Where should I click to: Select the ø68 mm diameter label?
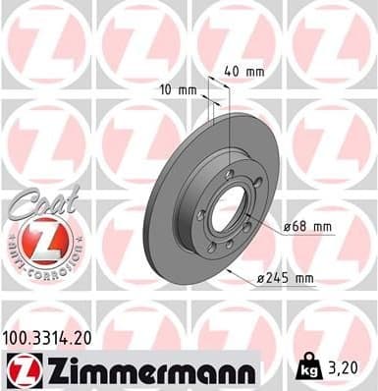coord(307,227)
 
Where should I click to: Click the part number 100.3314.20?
coord(54,337)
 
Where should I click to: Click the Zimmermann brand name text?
coord(147,370)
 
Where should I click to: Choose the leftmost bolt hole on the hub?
coord(201,214)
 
